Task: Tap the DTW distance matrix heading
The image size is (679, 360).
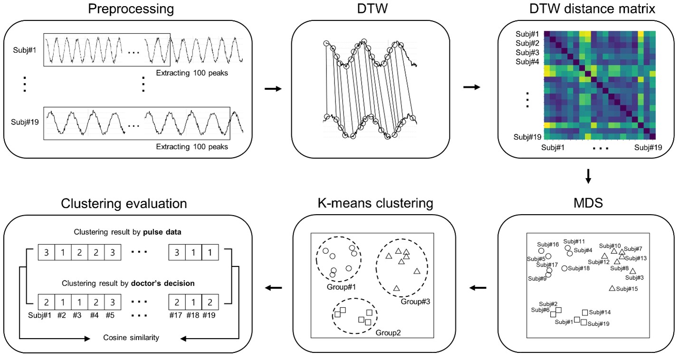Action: coord(588,9)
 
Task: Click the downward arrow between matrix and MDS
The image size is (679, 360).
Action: coord(588,177)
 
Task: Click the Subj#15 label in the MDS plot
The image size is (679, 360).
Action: coord(627,289)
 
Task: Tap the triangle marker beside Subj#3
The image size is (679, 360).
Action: coord(632,271)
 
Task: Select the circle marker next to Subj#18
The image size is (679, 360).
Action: coord(564,268)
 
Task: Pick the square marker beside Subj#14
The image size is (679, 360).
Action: coord(585,313)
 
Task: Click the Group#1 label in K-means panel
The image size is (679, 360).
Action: coord(341,287)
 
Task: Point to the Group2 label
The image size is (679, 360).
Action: coord(388,332)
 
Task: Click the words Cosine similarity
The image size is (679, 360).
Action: coord(131,338)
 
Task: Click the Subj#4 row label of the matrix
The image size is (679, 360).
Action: coord(528,61)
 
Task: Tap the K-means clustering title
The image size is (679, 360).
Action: coord(375,204)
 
